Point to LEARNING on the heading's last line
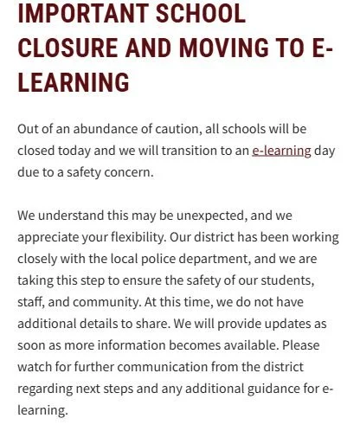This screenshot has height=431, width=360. [73, 82]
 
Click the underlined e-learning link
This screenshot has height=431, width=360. [280, 150]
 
